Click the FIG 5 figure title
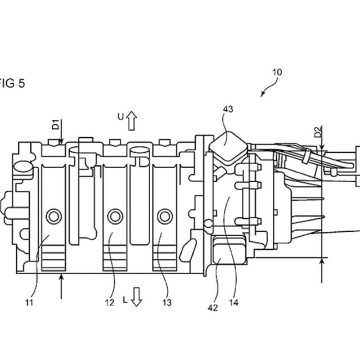12,83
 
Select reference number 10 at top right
277,73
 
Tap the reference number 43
228,109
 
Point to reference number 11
29,303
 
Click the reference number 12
110,303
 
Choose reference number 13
167,303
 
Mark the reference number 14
234,303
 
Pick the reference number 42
213,308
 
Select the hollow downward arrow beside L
136,297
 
